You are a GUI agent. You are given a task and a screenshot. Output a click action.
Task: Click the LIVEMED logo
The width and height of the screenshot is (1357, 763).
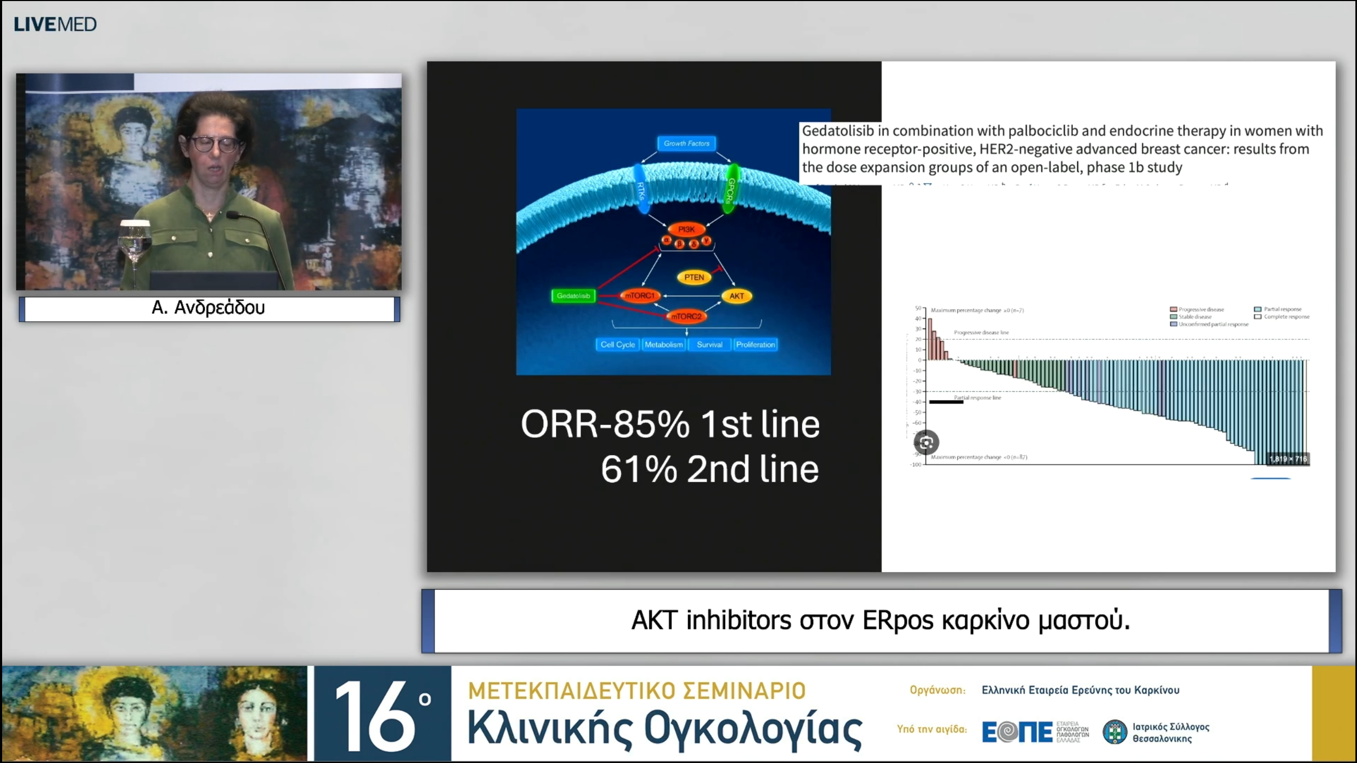click(55, 24)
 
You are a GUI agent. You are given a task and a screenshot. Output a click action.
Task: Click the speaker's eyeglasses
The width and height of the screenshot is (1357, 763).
click(214, 144)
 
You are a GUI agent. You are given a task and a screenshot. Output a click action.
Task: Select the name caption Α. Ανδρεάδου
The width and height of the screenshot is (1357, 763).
click(209, 308)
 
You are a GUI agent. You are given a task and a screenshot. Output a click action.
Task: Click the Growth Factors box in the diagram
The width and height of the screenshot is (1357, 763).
click(686, 143)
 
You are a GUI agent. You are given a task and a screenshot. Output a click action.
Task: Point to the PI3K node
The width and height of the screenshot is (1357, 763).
click(686, 229)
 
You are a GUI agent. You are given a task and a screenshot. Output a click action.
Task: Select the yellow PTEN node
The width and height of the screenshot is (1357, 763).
click(694, 277)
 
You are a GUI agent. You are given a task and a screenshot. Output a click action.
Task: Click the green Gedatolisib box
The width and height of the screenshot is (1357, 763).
click(573, 296)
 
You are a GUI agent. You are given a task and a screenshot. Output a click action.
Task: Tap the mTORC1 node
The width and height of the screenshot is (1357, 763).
click(640, 296)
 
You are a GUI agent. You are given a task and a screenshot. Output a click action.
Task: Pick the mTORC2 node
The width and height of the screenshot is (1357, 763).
click(686, 316)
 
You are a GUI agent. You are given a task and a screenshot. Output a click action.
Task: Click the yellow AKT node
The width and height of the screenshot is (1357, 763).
click(737, 296)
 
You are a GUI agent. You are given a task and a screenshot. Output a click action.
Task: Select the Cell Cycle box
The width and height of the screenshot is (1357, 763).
click(618, 344)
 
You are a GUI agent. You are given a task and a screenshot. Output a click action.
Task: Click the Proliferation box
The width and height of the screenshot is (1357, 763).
click(755, 344)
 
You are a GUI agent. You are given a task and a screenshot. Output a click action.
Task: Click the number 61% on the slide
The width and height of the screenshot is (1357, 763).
click(639, 469)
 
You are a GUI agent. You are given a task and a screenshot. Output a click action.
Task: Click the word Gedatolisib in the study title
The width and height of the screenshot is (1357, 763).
click(838, 131)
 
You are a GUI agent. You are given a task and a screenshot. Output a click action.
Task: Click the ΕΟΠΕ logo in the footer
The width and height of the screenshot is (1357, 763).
click(1017, 732)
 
